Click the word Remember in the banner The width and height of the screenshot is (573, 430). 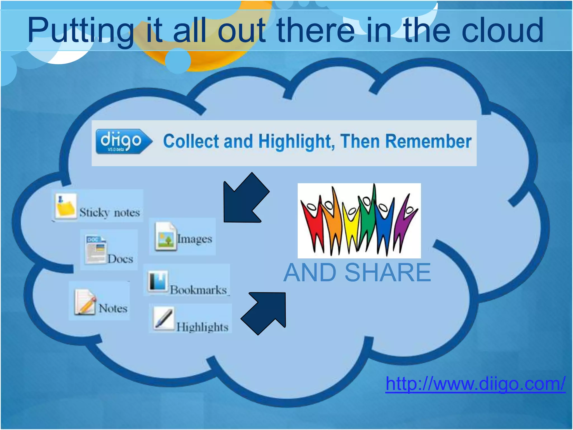click(428, 141)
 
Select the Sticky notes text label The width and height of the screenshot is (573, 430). click(109, 212)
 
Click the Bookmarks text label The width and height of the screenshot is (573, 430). click(198, 290)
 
